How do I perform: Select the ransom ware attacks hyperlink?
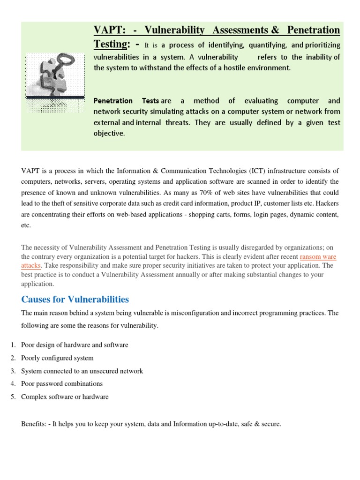[318, 257]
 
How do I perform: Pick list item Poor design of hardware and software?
[75, 345]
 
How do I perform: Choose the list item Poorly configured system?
[57, 358]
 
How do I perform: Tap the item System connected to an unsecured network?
[82, 371]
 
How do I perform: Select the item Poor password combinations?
[62, 384]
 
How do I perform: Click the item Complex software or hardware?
[65, 397]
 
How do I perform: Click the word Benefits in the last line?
[34, 424]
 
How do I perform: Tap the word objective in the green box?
[109, 133]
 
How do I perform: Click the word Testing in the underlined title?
[111, 44]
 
